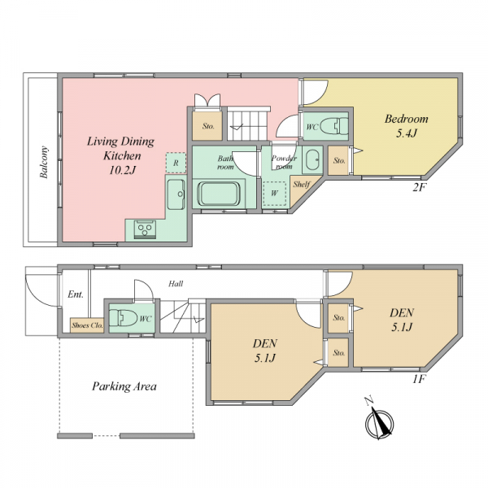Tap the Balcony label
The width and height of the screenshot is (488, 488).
tap(44, 162)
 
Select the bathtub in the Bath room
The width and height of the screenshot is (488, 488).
tap(219, 194)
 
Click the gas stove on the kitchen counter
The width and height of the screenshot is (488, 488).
tap(145, 229)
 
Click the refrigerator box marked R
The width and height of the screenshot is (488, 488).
tap(176, 163)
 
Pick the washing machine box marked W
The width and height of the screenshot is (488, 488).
tap(274, 194)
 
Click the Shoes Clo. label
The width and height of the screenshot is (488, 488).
tap(87, 325)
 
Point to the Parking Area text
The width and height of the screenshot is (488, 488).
tap(124, 386)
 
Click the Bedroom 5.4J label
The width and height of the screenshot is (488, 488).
tap(406, 126)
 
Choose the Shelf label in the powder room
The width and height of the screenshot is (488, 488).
tap(301, 185)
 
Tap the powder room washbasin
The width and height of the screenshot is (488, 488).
tap(312, 159)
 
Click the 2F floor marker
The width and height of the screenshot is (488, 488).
tap(419, 187)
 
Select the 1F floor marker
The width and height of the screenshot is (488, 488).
tap(419, 379)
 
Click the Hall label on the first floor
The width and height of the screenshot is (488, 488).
tap(176, 284)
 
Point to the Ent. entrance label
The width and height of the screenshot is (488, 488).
tap(76, 294)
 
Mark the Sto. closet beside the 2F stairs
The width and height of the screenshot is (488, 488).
tap(207, 125)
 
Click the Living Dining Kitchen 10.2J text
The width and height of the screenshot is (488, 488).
tap(120, 155)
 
